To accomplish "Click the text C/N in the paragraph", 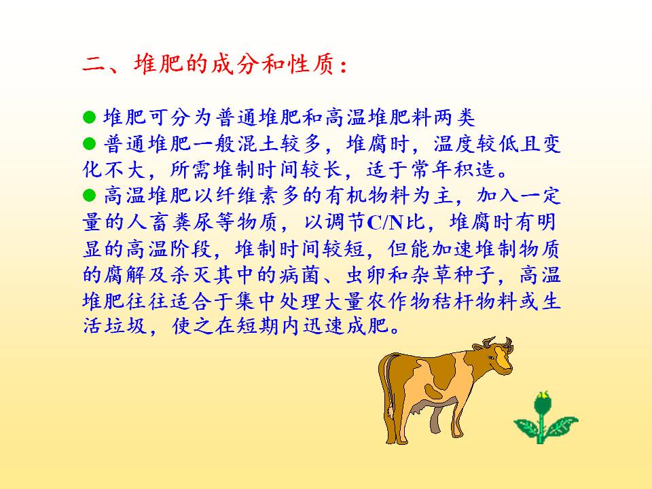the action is coord(385,223).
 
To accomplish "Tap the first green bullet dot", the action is coord(90,117).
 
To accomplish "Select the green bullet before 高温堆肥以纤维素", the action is coord(90,195).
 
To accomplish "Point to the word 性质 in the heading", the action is coord(310,65).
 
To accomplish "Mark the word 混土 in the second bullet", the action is coord(259,143).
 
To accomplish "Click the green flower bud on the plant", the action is coord(541,402).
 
